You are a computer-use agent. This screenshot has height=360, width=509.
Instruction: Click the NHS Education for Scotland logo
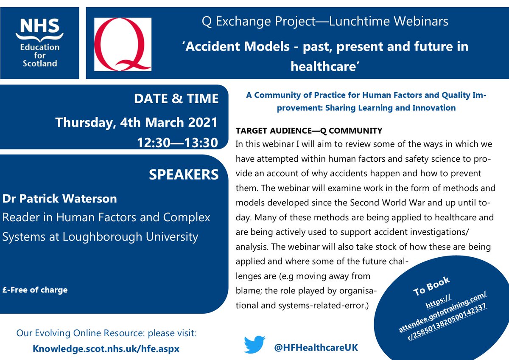(40, 43)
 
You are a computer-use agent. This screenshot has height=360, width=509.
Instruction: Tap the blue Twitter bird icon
(254, 345)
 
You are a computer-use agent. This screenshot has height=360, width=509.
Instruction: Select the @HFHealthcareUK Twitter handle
(316, 348)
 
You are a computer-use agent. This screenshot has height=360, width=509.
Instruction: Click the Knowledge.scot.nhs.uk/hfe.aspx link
(106, 349)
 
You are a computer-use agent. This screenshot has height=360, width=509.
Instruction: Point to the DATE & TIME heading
(176, 98)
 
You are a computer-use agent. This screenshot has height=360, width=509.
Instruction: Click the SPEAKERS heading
(184, 174)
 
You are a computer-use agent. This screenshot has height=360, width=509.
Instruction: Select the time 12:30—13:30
(177, 143)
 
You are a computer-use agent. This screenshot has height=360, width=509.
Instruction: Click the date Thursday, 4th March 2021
(137, 123)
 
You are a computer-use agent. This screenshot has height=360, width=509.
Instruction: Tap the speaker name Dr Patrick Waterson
(59, 199)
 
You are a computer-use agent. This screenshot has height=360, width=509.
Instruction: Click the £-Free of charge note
(35, 290)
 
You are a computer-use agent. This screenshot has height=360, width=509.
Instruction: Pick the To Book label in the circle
(431, 286)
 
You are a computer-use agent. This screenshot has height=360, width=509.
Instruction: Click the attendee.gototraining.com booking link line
(443, 312)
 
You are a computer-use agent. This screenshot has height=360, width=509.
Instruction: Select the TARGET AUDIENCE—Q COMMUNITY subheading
(309, 131)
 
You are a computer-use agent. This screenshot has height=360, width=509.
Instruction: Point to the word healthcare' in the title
(325, 66)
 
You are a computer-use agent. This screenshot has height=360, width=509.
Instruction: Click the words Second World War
(387, 202)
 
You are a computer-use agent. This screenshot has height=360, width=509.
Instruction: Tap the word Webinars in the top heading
(421, 21)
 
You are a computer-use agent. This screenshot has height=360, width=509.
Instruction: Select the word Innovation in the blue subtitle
(434, 108)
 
